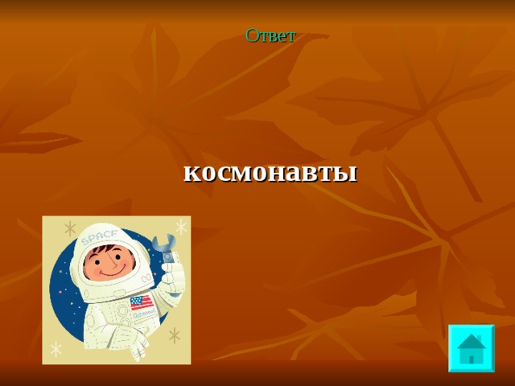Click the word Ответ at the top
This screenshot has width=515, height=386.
coord(270,35)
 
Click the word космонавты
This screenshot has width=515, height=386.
coord(270,172)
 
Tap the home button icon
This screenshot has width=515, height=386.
coord(471,347)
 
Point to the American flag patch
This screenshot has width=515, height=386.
coord(141,303)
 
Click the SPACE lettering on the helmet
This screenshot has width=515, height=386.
coord(98,235)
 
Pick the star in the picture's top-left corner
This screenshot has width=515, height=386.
coord(70,228)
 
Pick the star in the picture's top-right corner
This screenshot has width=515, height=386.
coord(180,227)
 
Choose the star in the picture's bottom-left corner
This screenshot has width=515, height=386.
coord(56,348)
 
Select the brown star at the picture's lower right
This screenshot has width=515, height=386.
coord(173,335)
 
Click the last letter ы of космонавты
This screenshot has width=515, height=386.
coord(347,173)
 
